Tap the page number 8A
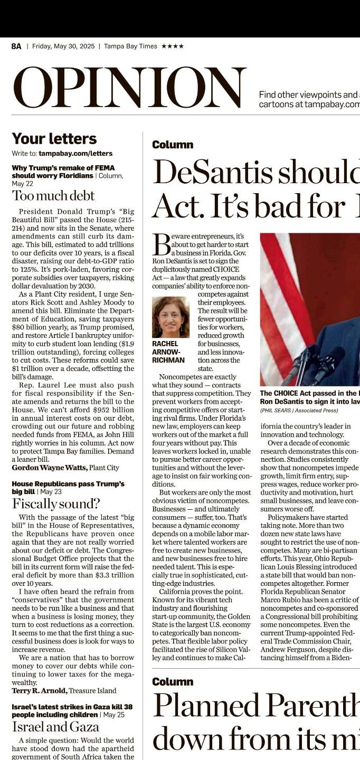[x=16, y=46]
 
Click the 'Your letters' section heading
[x=54, y=139]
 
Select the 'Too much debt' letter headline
[x=53, y=196]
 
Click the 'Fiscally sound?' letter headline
[x=56, y=503]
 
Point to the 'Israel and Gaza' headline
[x=55, y=727]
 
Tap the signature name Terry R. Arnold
[x=40, y=690]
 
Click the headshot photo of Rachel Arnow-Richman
[x=170, y=317]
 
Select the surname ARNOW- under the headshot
[x=166, y=352]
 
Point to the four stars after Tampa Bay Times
[x=173, y=46]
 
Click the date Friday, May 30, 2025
[x=63, y=46]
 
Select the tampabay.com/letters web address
[x=75, y=154]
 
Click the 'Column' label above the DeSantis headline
[x=173, y=145]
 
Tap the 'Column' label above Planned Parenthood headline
[x=173, y=682]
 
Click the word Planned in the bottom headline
[x=205, y=706]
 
